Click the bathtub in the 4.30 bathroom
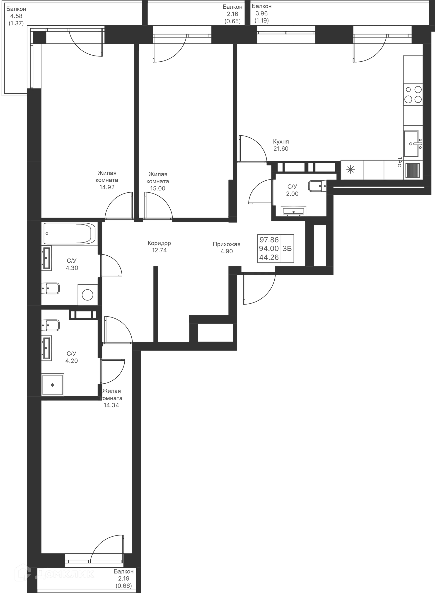pos(70,233)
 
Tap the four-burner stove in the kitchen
pos(413,94)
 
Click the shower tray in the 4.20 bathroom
pos(53,385)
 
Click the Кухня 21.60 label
pos(281,145)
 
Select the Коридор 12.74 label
pos(159,247)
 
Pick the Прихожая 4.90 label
pos(227,247)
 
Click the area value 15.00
pos(157,188)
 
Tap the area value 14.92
pos(107,187)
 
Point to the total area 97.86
pos(269,240)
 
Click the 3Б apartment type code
pos(287,248)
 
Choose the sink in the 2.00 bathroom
pos(294,211)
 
